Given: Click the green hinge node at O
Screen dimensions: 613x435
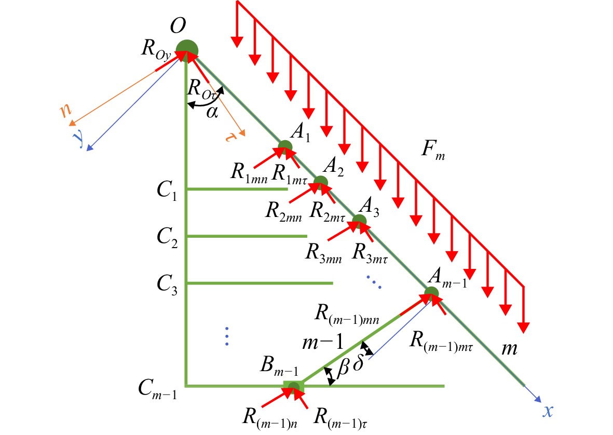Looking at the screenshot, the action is click(x=187, y=51).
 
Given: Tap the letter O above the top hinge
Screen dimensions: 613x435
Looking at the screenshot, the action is click(x=178, y=26).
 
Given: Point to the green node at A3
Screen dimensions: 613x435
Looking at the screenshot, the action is click(x=359, y=221).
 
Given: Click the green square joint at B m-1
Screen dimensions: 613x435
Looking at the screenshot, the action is click(x=294, y=387).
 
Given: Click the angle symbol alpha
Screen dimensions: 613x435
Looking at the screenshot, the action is click(x=212, y=112).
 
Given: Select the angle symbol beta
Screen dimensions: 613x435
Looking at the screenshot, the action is click(x=343, y=368).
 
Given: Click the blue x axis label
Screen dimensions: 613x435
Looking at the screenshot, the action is click(x=548, y=411).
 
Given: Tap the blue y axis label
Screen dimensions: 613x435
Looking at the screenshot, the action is click(x=78, y=138).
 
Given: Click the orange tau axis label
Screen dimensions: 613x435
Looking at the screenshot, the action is click(x=230, y=137).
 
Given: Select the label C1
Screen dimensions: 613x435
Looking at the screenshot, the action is click(x=167, y=191).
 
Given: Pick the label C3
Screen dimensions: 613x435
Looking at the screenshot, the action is click(x=167, y=284).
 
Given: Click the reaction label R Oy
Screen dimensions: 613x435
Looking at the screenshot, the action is click(x=156, y=50).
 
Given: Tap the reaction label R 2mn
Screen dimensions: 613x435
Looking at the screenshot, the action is click(x=283, y=212).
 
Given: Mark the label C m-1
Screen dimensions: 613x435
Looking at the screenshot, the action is click(x=157, y=390).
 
